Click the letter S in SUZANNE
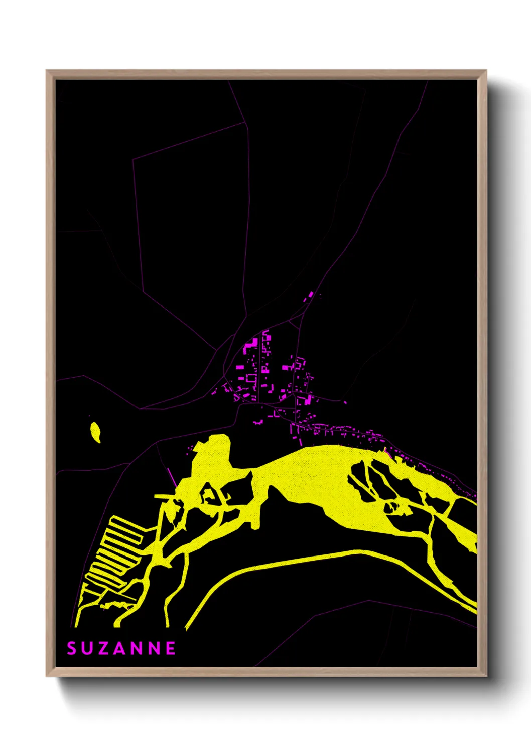[71, 648]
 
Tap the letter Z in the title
[103, 648]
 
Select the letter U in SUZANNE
[87, 648]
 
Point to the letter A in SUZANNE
[119, 648]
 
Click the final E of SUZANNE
[171, 648]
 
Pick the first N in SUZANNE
[137, 648]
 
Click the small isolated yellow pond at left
[95, 432]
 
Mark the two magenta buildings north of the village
[309, 296]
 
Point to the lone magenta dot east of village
[345, 402]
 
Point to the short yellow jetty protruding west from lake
[163, 496]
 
